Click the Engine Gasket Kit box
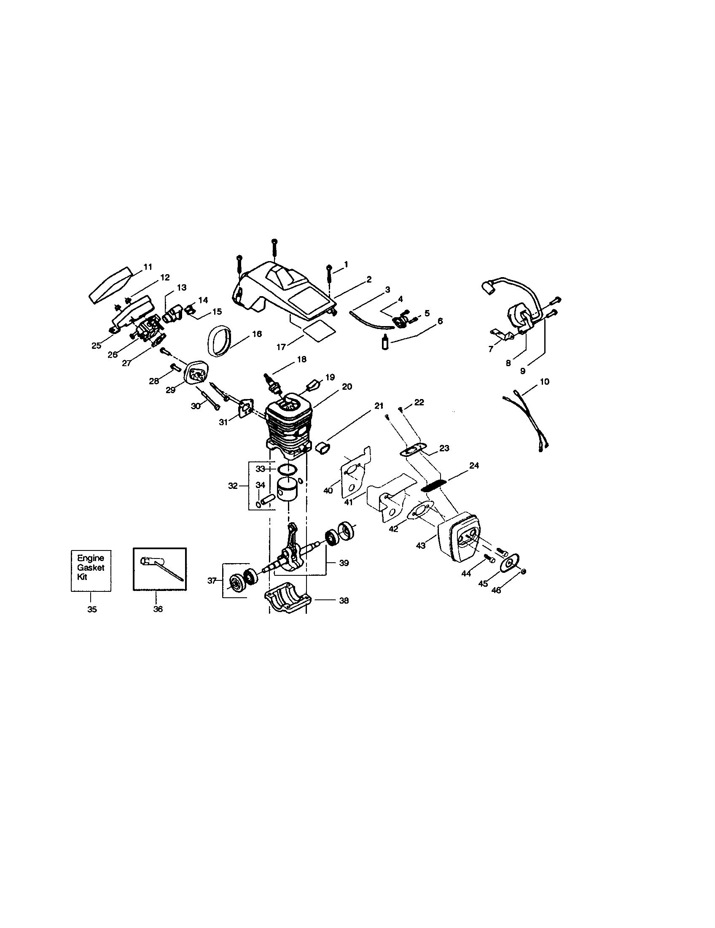tap(91, 570)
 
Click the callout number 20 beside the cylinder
tap(347, 387)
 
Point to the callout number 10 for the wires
tap(544, 382)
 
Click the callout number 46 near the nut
tap(495, 590)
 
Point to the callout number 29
tap(170, 390)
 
